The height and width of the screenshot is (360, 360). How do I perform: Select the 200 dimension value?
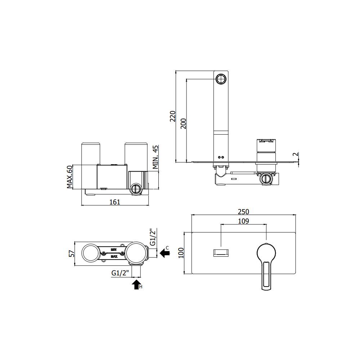click(183, 123)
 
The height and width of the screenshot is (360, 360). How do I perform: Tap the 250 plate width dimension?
click(244, 212)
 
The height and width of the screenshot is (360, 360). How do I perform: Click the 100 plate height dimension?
click(181, 253)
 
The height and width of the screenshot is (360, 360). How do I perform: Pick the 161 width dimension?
click(114, 202)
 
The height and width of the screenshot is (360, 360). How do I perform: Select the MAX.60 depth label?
click(70, 177)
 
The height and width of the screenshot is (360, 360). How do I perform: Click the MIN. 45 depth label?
click(156, 157)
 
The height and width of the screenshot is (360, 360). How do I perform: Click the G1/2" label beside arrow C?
click(153, 236)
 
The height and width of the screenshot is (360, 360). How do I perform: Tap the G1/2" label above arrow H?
click(120, 273)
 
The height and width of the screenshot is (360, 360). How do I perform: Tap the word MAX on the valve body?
click(114, 257)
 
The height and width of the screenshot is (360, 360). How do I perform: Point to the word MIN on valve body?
click(114, 249)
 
